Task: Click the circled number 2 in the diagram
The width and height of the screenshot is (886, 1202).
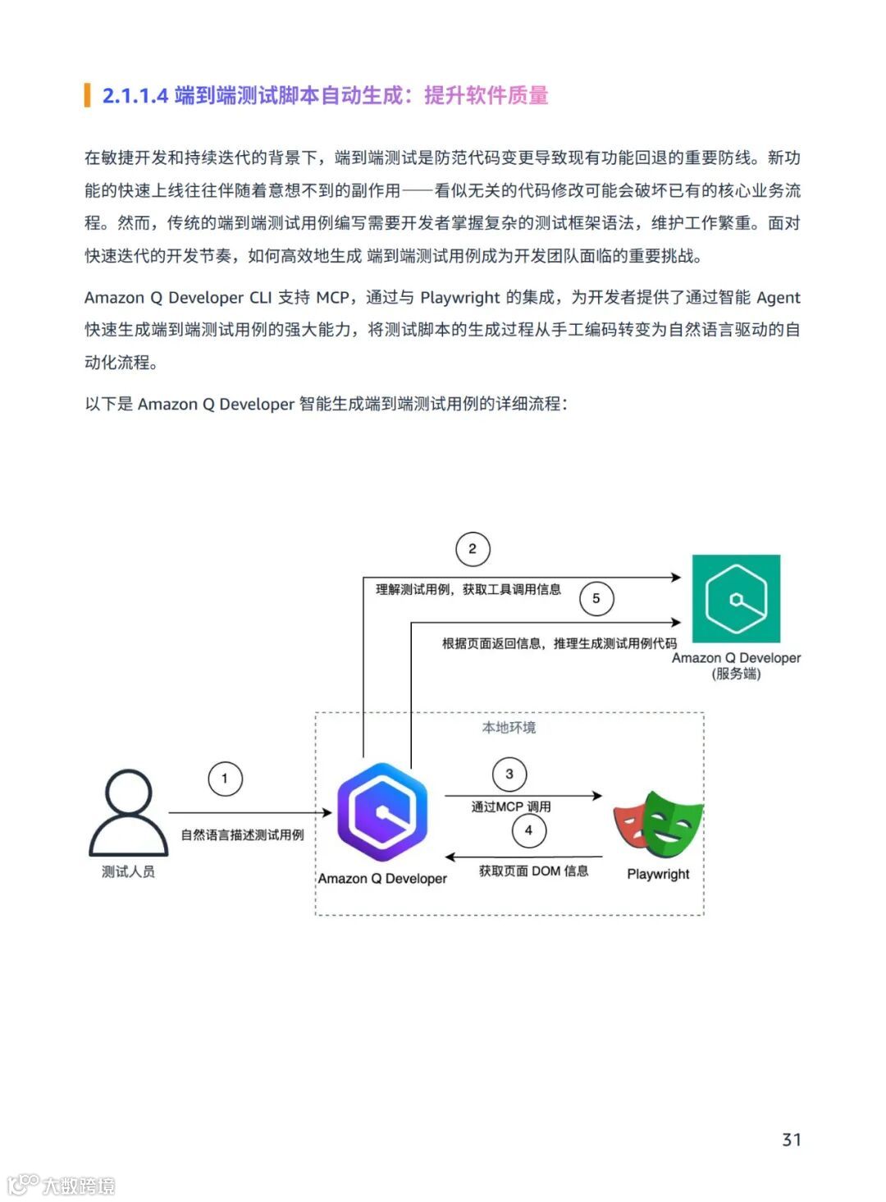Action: point(473,549)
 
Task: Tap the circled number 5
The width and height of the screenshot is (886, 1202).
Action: point(596,598)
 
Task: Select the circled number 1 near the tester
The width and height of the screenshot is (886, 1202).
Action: point(225,779)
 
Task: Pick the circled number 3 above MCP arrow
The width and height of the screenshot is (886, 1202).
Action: point(509,774)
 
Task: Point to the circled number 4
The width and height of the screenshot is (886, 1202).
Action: point(528,830)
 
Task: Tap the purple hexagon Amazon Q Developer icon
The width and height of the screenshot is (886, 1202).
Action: point(382,812)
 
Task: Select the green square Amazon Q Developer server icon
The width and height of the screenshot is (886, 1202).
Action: point(736,598)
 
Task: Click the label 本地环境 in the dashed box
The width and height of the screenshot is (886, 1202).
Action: point(509,728)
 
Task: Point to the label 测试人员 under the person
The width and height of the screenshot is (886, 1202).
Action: point(128,871)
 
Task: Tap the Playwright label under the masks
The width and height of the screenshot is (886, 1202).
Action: point(658,874)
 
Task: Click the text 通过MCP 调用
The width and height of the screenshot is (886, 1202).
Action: point(511,807)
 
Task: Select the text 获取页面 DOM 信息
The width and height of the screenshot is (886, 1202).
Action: point(534,871)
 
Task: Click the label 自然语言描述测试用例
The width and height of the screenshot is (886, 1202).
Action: point(242,834)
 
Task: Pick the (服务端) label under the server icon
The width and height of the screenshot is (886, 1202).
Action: point(736,674)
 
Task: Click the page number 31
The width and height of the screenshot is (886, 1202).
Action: point(791,1139)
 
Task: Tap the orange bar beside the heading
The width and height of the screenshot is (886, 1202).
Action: point(87,95)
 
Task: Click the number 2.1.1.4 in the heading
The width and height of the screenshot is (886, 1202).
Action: point(135,96)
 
